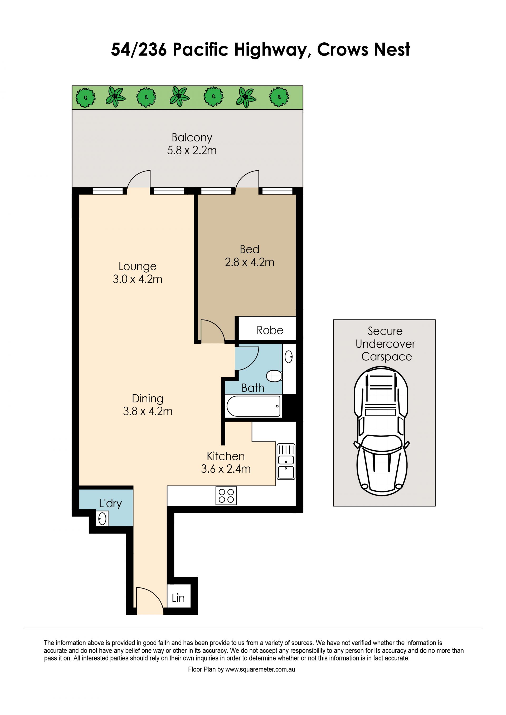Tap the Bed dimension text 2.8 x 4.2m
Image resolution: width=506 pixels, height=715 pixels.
point(250,262)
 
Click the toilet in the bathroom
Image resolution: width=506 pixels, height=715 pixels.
point(274,376)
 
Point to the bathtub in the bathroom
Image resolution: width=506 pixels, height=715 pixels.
point(254,406)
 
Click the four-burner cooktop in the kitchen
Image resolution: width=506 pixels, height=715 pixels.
point(226,495)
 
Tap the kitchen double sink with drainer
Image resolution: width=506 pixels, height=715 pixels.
point(286,461)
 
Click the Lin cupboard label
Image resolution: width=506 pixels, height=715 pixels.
point(178,598)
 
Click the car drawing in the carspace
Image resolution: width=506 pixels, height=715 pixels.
point(381,431)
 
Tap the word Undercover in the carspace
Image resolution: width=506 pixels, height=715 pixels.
point(385,344)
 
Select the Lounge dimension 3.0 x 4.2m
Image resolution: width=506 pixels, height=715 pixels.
point(138,279)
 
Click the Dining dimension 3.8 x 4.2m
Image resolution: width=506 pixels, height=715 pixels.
point(148,411)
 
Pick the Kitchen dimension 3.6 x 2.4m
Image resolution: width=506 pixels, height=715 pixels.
point(226,469)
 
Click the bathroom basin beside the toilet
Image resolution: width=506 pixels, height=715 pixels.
point(289,357)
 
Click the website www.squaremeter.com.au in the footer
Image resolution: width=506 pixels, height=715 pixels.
point(260,669)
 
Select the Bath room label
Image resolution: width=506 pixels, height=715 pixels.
point(253,388)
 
